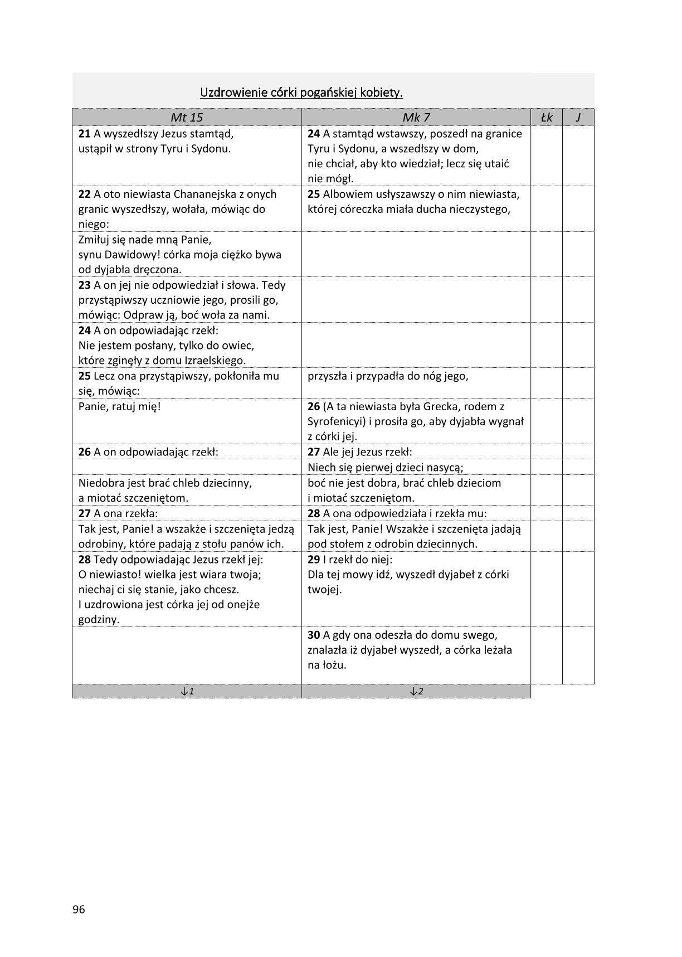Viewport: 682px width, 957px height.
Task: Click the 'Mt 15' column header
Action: (x=187, y=118)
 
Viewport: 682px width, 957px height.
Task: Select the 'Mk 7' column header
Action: (x=416, y=118)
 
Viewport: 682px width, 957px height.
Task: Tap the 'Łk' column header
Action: (x=546, y=118)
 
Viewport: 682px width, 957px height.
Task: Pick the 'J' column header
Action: (x=578, y=118)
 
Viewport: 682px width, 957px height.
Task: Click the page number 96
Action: (x=79, y=910)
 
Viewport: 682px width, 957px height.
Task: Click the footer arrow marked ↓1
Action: (x=187, y=691)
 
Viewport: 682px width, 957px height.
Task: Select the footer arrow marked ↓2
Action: (x=416, y=691)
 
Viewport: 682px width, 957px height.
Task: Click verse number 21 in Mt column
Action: (x=84, y=134)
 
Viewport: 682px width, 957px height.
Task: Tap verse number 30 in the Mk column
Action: (x=314, y=635)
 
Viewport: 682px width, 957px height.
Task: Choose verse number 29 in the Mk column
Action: (x=314, y=560)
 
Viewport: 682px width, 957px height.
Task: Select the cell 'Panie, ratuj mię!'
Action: (x=120, y=406)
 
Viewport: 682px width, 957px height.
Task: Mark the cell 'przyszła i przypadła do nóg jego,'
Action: (x=388, y=376)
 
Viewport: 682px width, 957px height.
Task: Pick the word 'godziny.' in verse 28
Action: (x=99, y=620)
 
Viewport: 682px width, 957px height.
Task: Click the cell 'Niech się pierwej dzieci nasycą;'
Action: (x=386, y=467)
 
